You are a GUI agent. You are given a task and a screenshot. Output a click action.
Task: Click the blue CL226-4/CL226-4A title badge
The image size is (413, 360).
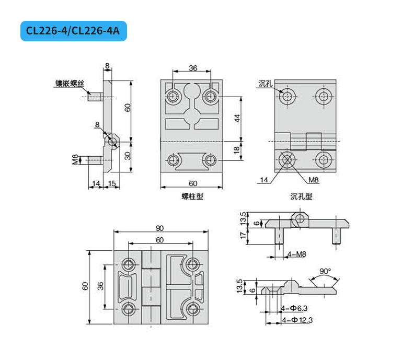coord(74,31)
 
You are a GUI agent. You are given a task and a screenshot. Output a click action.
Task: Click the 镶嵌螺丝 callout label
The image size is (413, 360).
coord(70,84)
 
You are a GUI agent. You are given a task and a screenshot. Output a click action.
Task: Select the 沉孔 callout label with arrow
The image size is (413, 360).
coord(265,84)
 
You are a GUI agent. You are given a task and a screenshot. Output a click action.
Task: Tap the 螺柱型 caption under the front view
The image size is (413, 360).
coord(192,196)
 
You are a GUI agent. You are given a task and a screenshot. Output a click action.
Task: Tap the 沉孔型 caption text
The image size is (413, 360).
coord(301,196)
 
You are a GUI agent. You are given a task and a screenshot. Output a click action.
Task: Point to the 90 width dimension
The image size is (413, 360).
coord(159,228)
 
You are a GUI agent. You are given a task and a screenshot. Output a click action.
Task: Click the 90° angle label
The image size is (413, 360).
coord(325,271)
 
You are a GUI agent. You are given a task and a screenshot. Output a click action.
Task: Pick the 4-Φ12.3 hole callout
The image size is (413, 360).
coord(297,320)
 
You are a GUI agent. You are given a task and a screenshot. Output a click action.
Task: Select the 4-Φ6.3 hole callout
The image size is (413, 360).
coord(294,308)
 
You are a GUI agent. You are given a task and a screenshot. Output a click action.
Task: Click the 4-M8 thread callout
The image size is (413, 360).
coord(297,254)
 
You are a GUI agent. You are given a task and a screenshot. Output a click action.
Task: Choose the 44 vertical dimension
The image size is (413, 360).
coord(237,118)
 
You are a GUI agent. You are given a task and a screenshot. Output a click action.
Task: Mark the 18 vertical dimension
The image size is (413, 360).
coord(237,150)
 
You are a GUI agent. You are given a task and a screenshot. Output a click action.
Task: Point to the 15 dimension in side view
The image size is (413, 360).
coord(112,183)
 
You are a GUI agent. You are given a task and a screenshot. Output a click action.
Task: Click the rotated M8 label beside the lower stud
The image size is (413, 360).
coord(75,159)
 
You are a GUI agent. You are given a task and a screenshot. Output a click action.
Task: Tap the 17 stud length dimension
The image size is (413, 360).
coord(243,234)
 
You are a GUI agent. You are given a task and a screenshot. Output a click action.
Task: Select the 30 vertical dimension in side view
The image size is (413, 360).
coord(128,156)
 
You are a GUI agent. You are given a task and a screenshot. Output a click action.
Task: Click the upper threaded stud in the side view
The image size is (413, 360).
coord(95,97)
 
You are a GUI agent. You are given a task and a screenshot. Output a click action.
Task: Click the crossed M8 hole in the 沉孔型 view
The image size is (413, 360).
coord(286,160)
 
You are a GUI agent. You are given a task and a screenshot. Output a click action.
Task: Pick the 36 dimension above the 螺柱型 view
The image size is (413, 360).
coord(193,68)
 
